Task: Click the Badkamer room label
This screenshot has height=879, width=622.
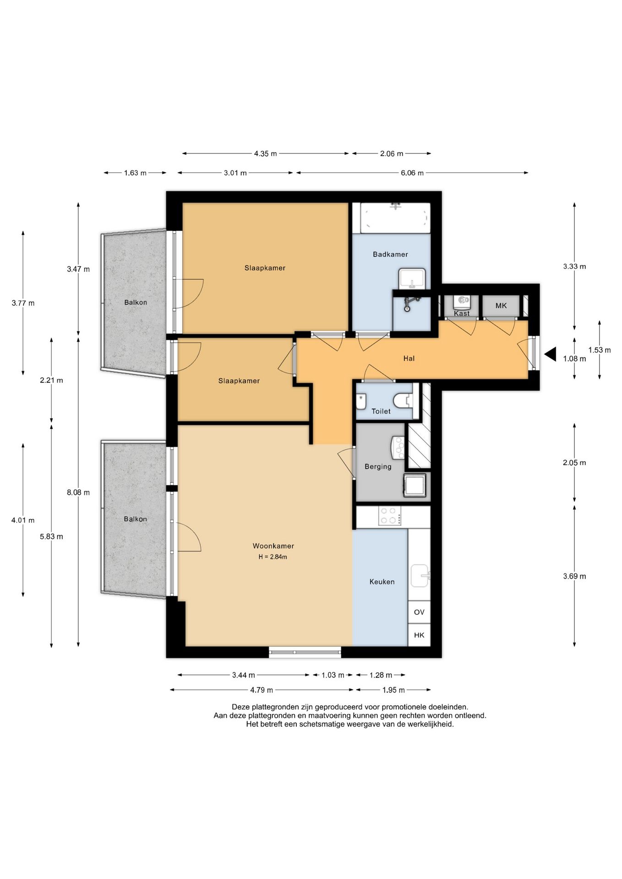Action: point(390,254)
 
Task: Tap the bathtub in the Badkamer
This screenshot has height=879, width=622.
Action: point(395,218)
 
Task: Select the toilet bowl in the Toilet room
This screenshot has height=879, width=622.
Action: point(403,401)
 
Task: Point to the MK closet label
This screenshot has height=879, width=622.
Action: point(501,305)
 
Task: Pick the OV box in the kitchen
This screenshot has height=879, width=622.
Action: point(419,612)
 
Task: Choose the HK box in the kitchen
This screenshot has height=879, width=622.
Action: point(419,635)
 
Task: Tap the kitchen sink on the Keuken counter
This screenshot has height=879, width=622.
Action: point(420,575)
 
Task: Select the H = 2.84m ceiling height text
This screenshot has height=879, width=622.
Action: point(273,557)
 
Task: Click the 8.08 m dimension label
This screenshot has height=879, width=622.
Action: point(78,493)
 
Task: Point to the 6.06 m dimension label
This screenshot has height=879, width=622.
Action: point(412,173)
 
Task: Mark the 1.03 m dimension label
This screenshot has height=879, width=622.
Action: point(333,675)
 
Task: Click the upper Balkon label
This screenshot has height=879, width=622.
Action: point(136,302)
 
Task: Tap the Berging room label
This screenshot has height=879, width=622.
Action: point(378,467)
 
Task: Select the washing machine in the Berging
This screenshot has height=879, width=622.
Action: point(415,485)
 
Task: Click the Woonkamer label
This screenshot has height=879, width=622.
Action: point(273,546)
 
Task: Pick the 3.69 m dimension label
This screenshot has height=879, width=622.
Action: point(574,576)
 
